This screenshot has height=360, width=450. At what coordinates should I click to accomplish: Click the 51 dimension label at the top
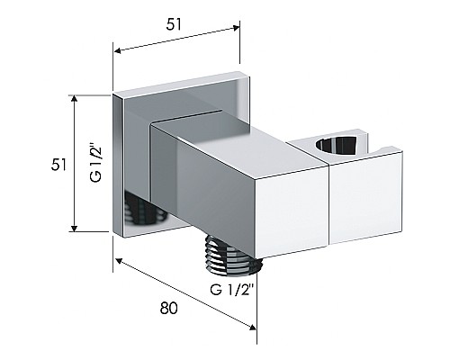[174, 24]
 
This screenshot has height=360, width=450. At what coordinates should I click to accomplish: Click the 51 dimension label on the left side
[58, 165]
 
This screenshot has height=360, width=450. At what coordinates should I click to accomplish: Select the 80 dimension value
[168, 308]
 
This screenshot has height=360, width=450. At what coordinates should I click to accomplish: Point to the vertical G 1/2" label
[96, 164]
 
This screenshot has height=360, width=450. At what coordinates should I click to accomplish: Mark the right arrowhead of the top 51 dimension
[237, 28]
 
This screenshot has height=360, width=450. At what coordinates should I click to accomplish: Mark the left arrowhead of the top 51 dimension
[118, 50]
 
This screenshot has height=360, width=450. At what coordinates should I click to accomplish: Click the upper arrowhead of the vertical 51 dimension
[75, 100]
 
